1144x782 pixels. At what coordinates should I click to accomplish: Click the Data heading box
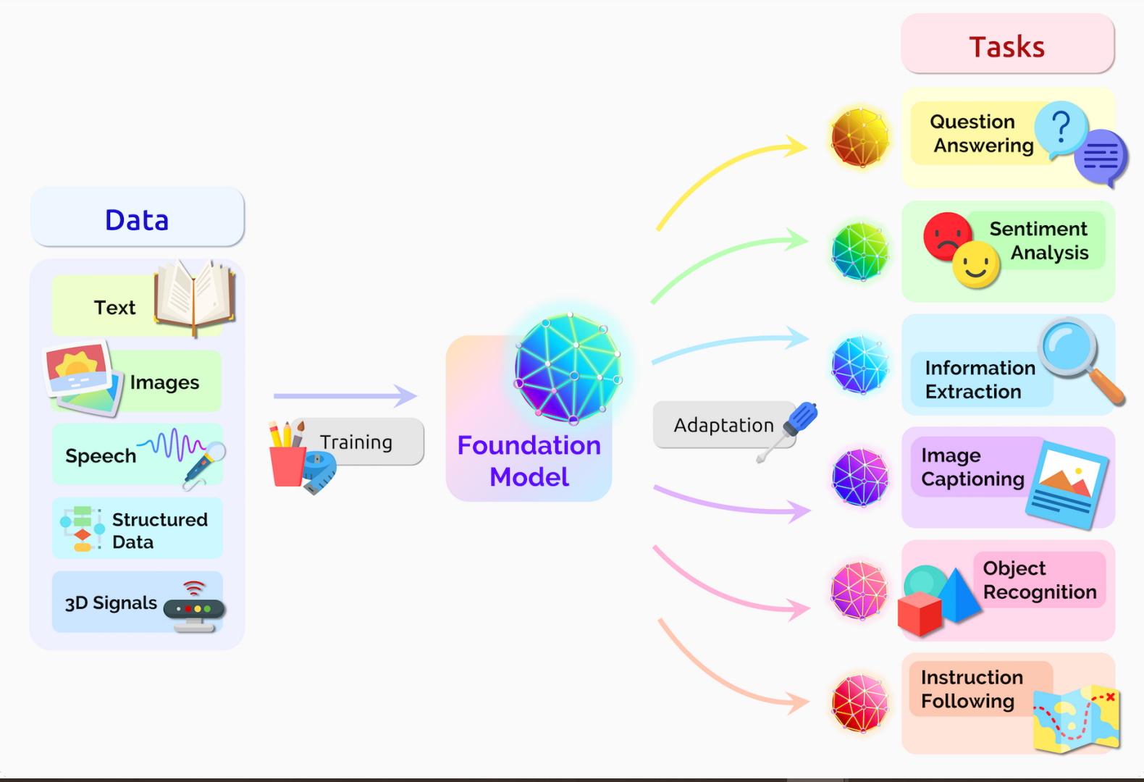point(137,218)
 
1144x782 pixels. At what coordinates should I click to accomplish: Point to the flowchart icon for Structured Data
point(82,529)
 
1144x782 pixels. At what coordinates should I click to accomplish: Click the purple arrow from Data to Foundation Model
point(344,395)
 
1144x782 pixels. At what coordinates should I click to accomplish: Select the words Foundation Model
point(529,461)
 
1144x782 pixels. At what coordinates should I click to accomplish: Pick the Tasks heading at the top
point(1006,46)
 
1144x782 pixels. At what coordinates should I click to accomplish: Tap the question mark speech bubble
point(1060,128)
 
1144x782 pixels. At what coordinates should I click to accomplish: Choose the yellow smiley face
point(976,265)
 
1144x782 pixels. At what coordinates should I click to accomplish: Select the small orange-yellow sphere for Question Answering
point(859,138)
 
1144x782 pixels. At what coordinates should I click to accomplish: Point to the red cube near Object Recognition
point(919,613)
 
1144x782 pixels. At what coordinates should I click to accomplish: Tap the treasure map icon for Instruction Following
point(1077,718)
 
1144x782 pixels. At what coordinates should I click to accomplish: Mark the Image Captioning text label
point(972,467)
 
